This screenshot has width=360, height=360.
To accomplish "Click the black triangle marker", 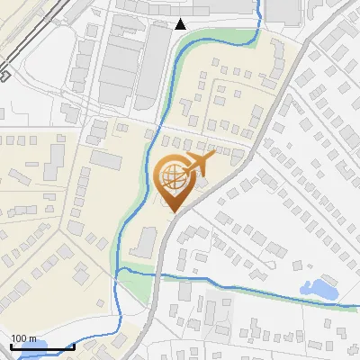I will (181, 23).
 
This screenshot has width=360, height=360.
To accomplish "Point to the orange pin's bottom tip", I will (174, 212).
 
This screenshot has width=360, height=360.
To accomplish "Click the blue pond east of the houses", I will (320, 290).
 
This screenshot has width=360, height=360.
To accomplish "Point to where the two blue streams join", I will (122, 270).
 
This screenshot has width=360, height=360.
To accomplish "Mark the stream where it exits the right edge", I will (355, 307).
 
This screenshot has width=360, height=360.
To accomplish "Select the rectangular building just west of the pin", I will (105, 160).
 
